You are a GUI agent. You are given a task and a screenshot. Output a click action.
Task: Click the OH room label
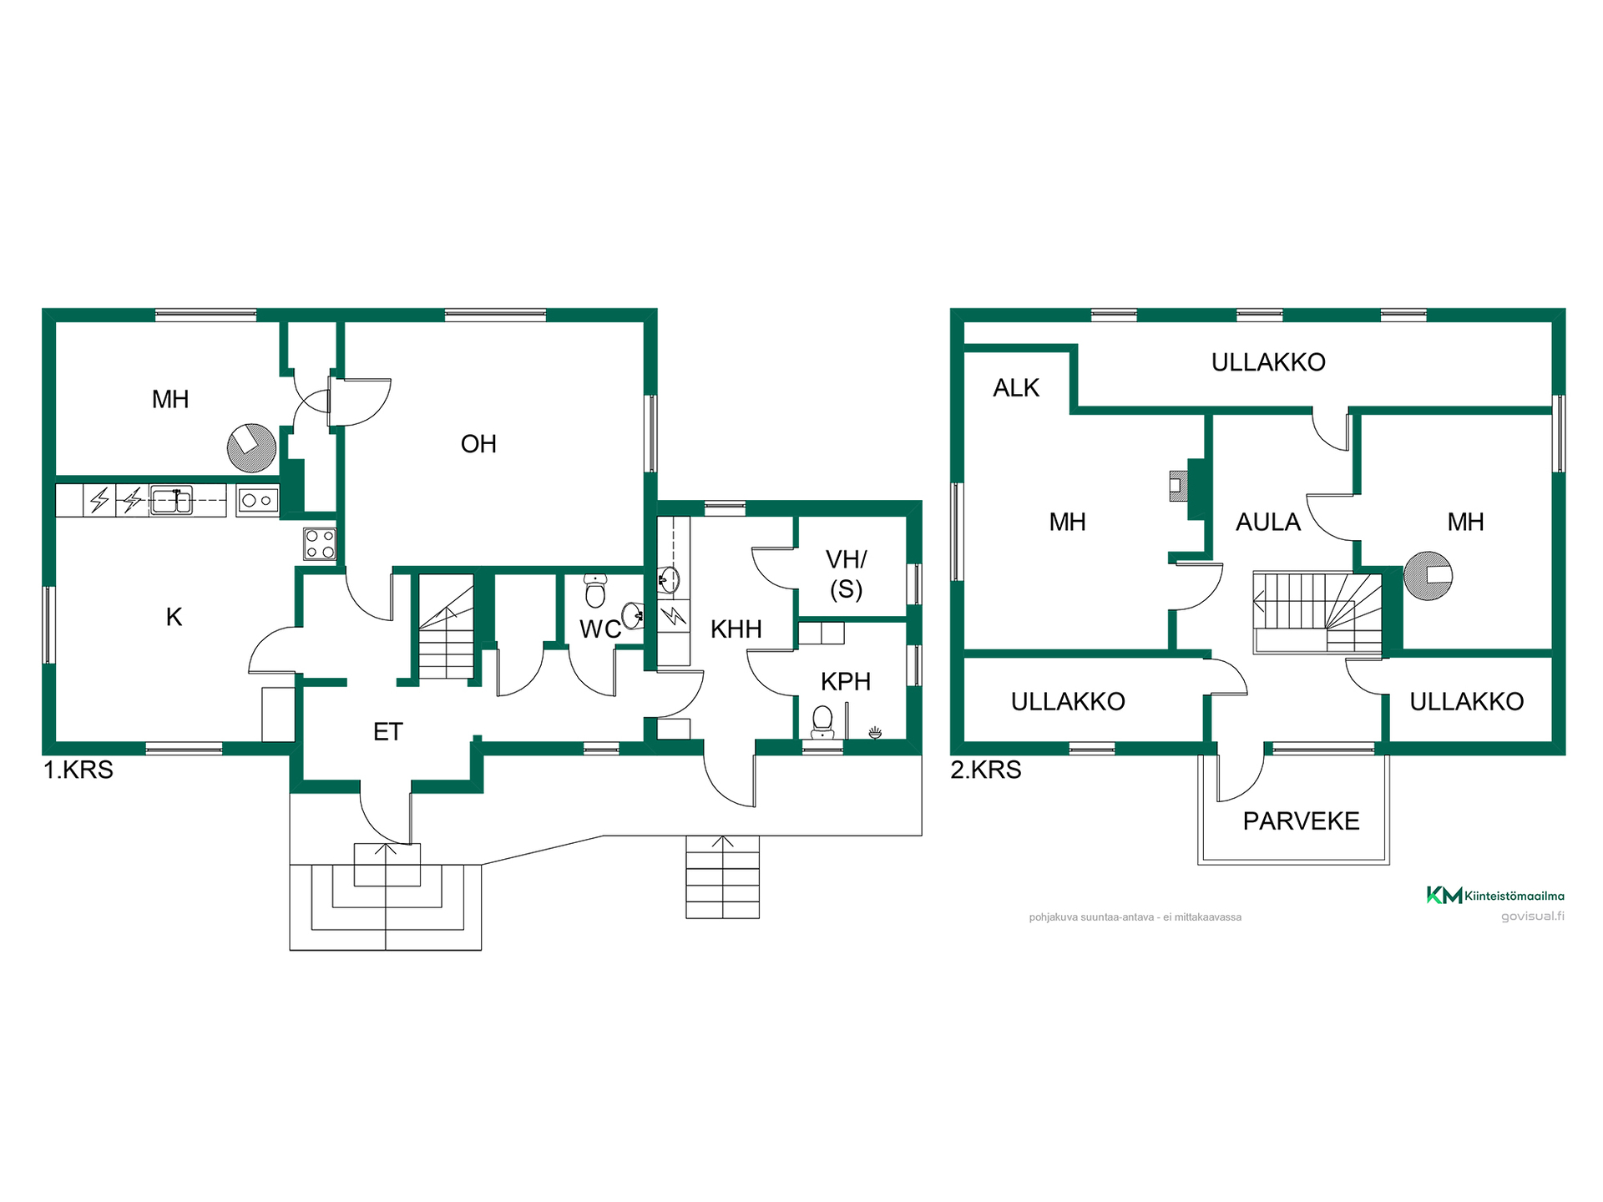[478, 444]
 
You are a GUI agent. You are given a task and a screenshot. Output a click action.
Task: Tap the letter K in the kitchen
[174, 617]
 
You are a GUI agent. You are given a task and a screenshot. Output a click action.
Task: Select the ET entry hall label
[387, 732]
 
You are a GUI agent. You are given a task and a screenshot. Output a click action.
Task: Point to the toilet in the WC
[595, 590]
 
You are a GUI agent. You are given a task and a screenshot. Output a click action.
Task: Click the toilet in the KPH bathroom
[822, 722]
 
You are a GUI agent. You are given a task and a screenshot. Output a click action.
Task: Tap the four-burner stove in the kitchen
[320, 543]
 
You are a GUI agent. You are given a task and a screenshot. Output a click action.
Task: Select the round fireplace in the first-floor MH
[251, 448]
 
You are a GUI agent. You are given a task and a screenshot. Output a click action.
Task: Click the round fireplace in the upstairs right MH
[1428, 576]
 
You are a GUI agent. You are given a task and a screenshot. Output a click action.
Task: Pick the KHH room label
[736, 629]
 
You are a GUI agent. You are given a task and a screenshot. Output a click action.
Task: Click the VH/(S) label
[846, 574]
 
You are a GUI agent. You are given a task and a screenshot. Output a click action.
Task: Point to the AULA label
[1268, 523]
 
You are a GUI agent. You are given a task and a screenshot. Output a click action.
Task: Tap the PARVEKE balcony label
[1301, 821]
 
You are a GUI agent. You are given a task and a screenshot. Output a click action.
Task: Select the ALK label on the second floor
[1016, 388]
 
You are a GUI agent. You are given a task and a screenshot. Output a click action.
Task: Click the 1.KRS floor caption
[78, 770]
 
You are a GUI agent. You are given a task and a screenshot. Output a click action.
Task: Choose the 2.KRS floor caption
[986, 770]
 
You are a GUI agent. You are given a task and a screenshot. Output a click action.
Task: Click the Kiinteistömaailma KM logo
[1495, 896]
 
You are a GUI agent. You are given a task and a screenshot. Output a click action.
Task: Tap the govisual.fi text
[1533, 917]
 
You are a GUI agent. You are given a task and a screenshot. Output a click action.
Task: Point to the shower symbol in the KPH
[875, 733]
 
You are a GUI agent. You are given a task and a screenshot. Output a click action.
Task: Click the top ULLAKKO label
[1268, 362]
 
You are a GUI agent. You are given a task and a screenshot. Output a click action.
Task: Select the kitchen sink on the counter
[171, 500]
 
